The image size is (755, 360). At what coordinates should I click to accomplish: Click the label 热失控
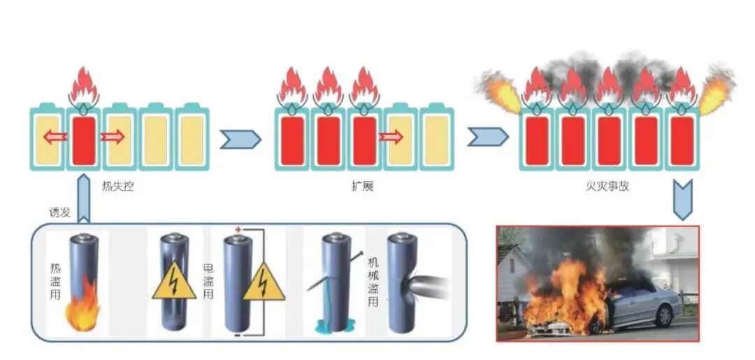pyautogui.click(x=118, y=187)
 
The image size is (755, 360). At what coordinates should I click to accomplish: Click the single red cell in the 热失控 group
pyautogui.click(x=83, y=140)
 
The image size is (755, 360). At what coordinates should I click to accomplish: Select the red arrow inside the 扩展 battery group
pyautogui.click(x=390, y=137)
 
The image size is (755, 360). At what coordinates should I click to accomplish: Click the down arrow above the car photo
pyautogui.click(x=682, y=199)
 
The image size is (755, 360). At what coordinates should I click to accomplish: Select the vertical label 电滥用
pyautogui.click(x=208, y=280)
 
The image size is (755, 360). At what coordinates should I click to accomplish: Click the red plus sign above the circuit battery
pyautogui.click(x=238, y=230)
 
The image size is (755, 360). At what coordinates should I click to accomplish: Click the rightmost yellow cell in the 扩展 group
pyautogui.click(x=436, y=140)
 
